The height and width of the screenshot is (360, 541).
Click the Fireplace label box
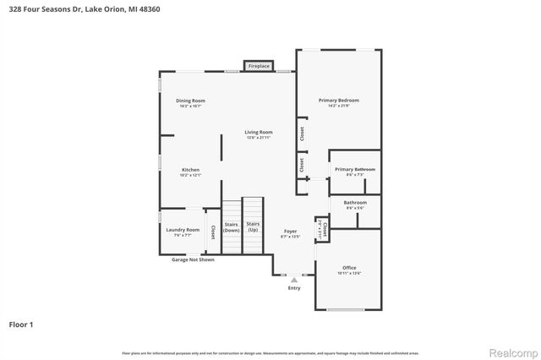pyautogui.click(x=259, y=66)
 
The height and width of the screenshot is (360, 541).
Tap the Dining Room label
pyautogui.click(x=191, y=101)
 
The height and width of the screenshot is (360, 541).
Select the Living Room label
pyautogui.click(x=259, y=132)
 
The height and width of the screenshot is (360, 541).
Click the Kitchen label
pyautogui.click(x=191, y=170)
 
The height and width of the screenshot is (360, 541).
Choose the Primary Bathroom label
pyautogui.click(x=354, y=170)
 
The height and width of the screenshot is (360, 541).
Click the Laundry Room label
pyautogui.click(x=183, y=230)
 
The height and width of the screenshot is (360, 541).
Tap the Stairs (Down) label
pyautogui.click(x=232, y=226)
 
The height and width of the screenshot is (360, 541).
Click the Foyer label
pyautogui.click(x=290, y=232)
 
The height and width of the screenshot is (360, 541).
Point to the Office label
pyautogui.click(x=349, y=268)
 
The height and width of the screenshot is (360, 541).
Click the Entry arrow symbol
pyautogui.click(x=294, y=280)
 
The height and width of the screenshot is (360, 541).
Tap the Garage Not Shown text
pyautogui.click(x=193, y=259)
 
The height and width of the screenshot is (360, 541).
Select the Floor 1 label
pyautogui.click(x=22, y=324)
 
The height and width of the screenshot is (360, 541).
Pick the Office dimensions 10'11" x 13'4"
pyautogui.click(x=349, y=274)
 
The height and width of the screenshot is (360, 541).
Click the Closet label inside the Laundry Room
pyautogui.click(x=213, y=232)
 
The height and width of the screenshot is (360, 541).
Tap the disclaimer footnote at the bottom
pyautogui.click(x=270, y=352)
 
